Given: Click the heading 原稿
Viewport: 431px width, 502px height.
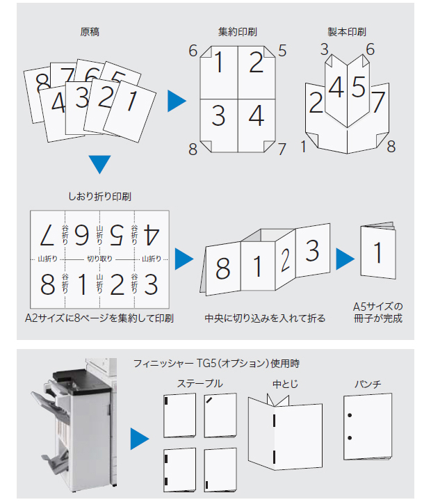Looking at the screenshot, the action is click(90, 32).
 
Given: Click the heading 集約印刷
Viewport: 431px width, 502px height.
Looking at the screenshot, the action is click(238, 32).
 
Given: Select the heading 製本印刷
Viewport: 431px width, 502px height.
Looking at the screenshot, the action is click(347, 32).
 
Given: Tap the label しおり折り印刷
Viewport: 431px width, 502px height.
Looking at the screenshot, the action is click(99, 196).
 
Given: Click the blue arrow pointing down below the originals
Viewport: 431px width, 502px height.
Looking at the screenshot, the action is click(99, 164).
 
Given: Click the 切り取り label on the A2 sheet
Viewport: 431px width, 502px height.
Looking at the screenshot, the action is click(99, 259).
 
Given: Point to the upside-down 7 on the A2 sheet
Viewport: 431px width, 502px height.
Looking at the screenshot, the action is click(47, 235).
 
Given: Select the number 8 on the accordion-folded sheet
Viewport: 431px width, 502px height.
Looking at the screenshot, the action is click(222, 268).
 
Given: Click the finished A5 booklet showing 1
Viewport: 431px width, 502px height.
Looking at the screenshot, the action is click(378, 251).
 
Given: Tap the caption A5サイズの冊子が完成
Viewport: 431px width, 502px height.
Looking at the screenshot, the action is click(378, 312).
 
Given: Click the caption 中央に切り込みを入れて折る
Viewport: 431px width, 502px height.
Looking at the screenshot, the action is click(265, 318).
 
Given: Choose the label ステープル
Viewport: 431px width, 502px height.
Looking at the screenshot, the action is click(200, 384).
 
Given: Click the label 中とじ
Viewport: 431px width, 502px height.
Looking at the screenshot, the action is click(285, 384).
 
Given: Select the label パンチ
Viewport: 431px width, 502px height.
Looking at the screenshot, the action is click(368, 384).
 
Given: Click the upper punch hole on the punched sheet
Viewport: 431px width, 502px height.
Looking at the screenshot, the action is click(350, 415).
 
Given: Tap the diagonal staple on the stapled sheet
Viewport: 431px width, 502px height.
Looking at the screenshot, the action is click(209, 400).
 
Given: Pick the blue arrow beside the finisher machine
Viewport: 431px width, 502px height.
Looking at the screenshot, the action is click(140, 439).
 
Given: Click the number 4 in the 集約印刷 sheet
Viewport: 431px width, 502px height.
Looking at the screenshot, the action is click(257, 115).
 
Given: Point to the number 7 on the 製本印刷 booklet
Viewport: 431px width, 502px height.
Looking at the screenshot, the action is click(378, 102).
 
